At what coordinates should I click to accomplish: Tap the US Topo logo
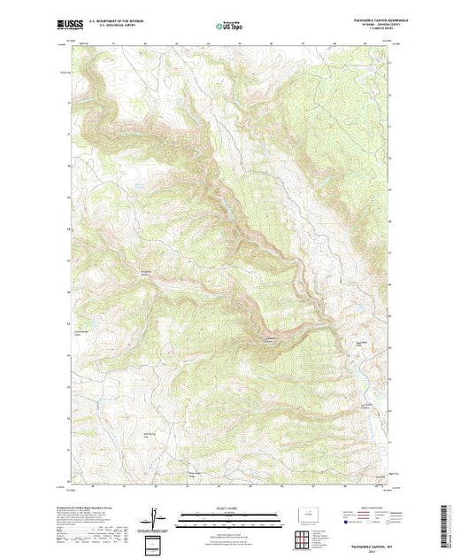point(229,26)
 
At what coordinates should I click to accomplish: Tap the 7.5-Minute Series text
point(364,32)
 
